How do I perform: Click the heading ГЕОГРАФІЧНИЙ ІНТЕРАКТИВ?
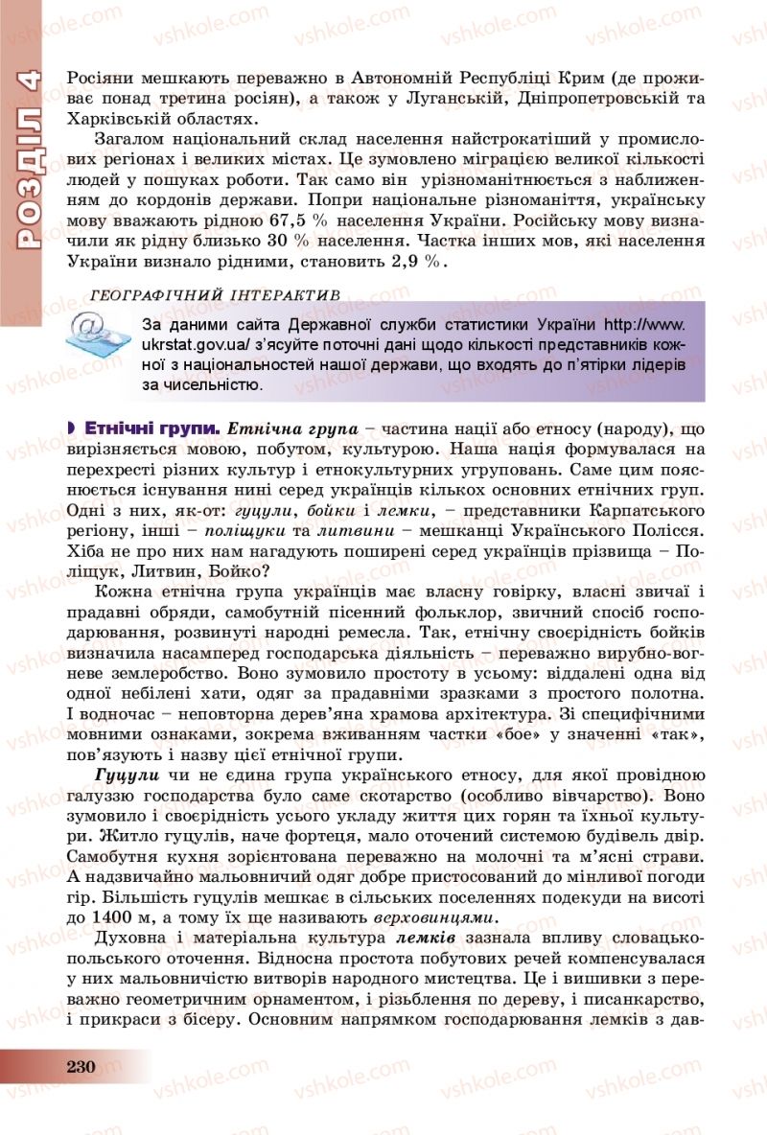point(213,294)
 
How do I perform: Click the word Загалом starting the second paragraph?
point(131,140)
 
